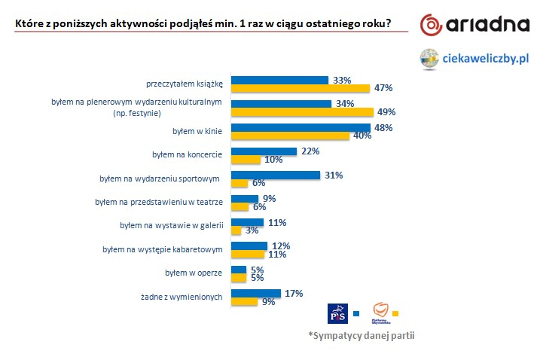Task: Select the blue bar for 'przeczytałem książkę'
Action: (279, 79)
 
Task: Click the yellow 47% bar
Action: (300, 88)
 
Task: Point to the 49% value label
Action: (387, 112)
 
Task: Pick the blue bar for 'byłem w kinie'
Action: (301, 127)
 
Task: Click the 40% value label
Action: (362, 136)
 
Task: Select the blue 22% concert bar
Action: (264, 151)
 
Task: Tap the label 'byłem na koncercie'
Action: (187, 155)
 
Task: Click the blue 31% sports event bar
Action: (276, 175)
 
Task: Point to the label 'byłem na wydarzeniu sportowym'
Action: (160, 179)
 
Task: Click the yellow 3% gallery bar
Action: (236, 231)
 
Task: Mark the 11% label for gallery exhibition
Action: (277, 222)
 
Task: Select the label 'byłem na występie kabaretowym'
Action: (162, 250)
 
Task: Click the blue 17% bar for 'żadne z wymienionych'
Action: (256, 293)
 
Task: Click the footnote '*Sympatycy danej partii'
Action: (361, 336)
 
